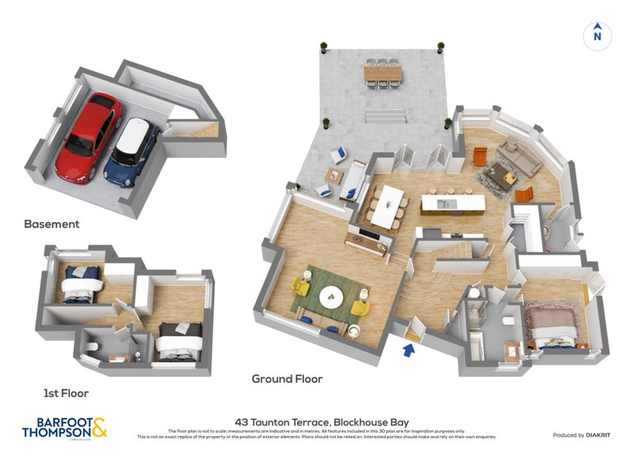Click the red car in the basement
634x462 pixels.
(x=89, y=134)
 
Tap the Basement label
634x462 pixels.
(x=52, y=224)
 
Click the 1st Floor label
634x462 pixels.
(x=67, y=392)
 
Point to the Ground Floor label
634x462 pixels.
(x=287, y=379)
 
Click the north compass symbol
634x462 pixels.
(x=598, y=35)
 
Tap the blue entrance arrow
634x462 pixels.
(x=411, y=349)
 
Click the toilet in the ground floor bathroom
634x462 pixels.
(x=506, y=320)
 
